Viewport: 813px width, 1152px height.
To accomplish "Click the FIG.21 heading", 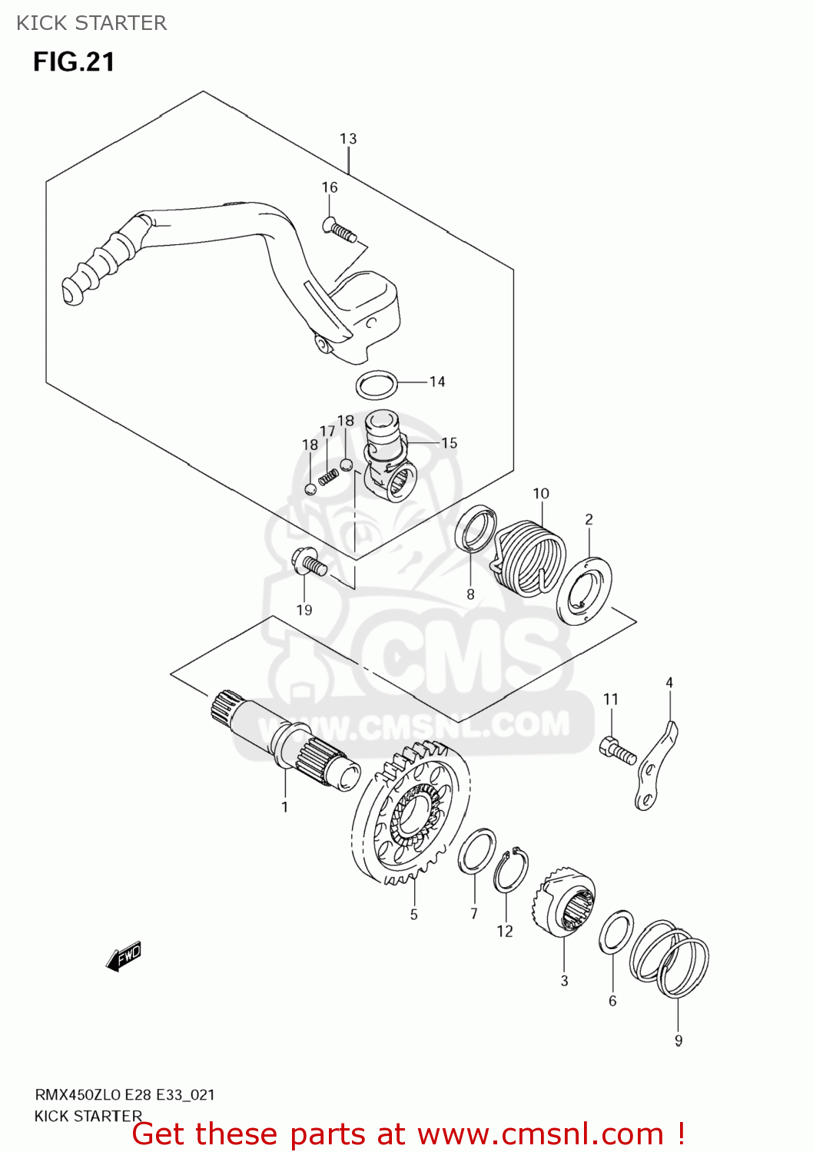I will point(74,61).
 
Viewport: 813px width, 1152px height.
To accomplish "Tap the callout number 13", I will point(348,139).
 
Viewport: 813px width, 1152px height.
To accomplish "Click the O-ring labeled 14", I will point(377,386).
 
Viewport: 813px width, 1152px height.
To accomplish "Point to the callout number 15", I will point(450,443).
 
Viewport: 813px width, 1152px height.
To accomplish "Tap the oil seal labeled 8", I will point(476,528).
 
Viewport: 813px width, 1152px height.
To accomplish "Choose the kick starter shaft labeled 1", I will point(284,742).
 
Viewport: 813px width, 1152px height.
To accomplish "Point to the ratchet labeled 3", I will point(565,906).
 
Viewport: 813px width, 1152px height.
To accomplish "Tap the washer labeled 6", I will point(616,932).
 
